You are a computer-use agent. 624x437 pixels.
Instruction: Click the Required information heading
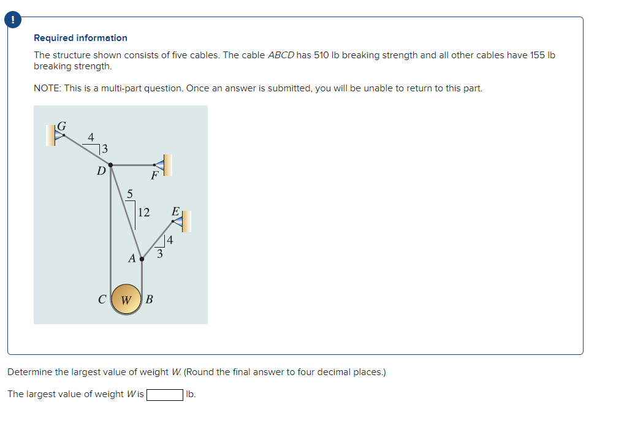click(80, 38)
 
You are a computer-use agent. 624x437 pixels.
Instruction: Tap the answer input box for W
click(164, 394)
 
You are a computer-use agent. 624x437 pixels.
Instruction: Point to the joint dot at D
click(110, 164)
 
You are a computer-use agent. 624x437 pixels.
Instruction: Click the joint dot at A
click(142, 259)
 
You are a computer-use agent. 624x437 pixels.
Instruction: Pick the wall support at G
click(53, 135)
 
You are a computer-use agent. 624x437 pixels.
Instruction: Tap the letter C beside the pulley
click(102, 300)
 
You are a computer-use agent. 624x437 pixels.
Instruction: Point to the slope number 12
click(143, 213)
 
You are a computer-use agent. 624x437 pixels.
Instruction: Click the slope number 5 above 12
click(129, 194)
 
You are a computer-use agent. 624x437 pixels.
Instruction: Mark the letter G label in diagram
click(62, 126)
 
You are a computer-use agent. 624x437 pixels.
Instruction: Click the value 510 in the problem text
click(321, 55)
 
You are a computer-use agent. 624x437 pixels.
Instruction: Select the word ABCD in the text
click(281, 55)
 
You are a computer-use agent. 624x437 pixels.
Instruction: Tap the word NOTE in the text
click(47, 88)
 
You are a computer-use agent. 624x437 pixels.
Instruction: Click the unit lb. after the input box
click(191, 394)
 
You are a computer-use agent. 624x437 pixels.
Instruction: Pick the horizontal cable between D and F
click(132, 164)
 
